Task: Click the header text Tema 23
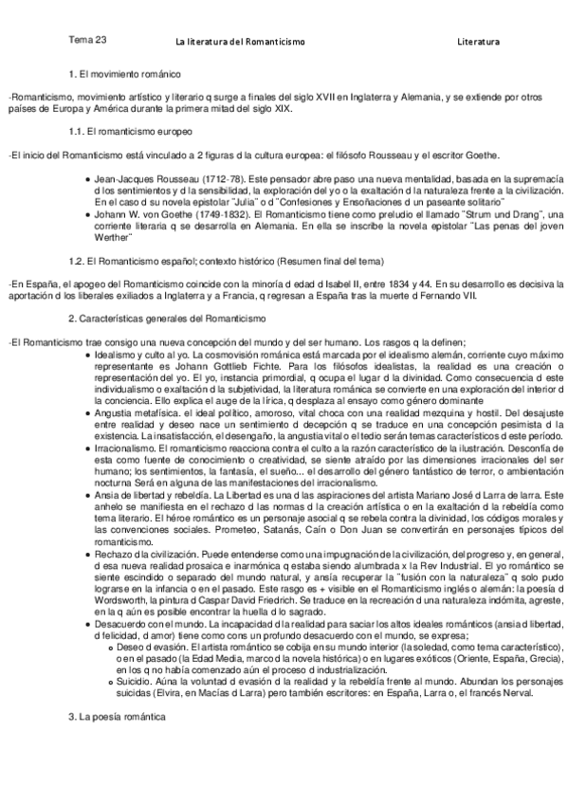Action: pyautogui.click(x=87, y=41)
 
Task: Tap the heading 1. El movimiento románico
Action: pyautogui.click(x=124, y=74)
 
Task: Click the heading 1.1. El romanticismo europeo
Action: pyautogui.click(x=131, y=131)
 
